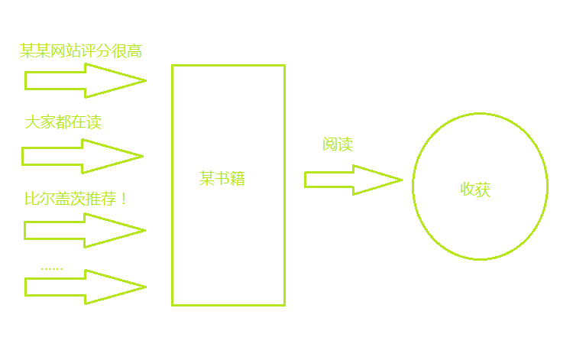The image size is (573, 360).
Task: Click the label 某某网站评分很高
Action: pyautogui.click(x=81, y=50)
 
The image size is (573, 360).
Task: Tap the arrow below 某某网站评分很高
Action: pyautogui.click(x=86, y=81)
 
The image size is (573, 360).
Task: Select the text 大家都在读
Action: pyautogui.click(x=63, y=122)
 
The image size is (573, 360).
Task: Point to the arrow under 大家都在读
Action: pyautogui.click(x=83, y=157)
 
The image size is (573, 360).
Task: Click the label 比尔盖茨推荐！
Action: pyautogui.click(x=76, y=199)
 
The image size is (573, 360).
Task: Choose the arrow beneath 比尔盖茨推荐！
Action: pyautogui.click(x=85, y=231)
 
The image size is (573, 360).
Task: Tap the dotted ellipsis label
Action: pyautogui.click(x=51, y=268)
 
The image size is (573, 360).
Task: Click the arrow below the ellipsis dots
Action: pyautogui.click(x=86, y=287)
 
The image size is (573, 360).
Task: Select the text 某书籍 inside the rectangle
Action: pyautogui.click(x=222, y=179)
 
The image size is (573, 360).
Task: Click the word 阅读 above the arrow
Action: pyautogui.click(x=337, y=144)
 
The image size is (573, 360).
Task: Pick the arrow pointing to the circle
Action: pyautogui.click(x=354, y=180)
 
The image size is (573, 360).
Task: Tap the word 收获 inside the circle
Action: pyautogui.click(x=475, y=190)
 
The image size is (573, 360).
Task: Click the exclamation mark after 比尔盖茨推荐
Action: pyautogui.click(x=124, y=199)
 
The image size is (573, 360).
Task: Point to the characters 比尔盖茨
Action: pyautogui.click(x=55, y=199)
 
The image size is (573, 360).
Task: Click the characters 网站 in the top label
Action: pyautogui.click(x=66, y=50)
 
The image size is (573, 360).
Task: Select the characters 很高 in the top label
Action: pyautogui.click(x=126, y=50)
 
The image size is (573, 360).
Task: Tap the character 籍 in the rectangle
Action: pyautogui.click(x=238, y=179)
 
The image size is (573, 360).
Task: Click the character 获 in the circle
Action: pyautogui.click(x=483, y=190)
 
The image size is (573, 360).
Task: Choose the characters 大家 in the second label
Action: pyautogui.click(x=40, y=122)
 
